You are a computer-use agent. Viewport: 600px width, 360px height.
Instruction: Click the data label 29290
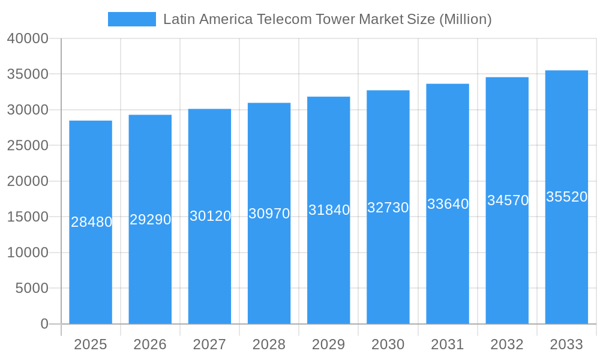151,220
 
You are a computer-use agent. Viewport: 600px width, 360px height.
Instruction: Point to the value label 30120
210,216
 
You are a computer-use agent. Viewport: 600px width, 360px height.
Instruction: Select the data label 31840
329,210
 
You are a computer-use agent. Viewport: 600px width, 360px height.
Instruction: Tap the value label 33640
448,204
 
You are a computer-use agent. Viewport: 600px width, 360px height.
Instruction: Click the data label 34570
508,200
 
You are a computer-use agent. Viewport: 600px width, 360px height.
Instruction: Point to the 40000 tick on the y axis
28,38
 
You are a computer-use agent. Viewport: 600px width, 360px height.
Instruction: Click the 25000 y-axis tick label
28,146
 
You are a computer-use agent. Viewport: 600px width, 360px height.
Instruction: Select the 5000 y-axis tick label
31,289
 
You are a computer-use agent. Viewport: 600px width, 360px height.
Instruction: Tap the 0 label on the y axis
44,324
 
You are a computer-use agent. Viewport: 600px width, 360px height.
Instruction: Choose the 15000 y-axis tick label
28,217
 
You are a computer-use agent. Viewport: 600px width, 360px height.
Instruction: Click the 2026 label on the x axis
150,344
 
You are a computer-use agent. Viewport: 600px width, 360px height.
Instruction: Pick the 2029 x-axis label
328,344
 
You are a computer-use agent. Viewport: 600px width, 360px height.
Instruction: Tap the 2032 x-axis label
507,344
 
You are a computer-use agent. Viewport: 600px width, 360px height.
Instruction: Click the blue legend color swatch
132,19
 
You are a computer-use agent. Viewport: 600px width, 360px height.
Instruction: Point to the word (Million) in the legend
465,19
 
